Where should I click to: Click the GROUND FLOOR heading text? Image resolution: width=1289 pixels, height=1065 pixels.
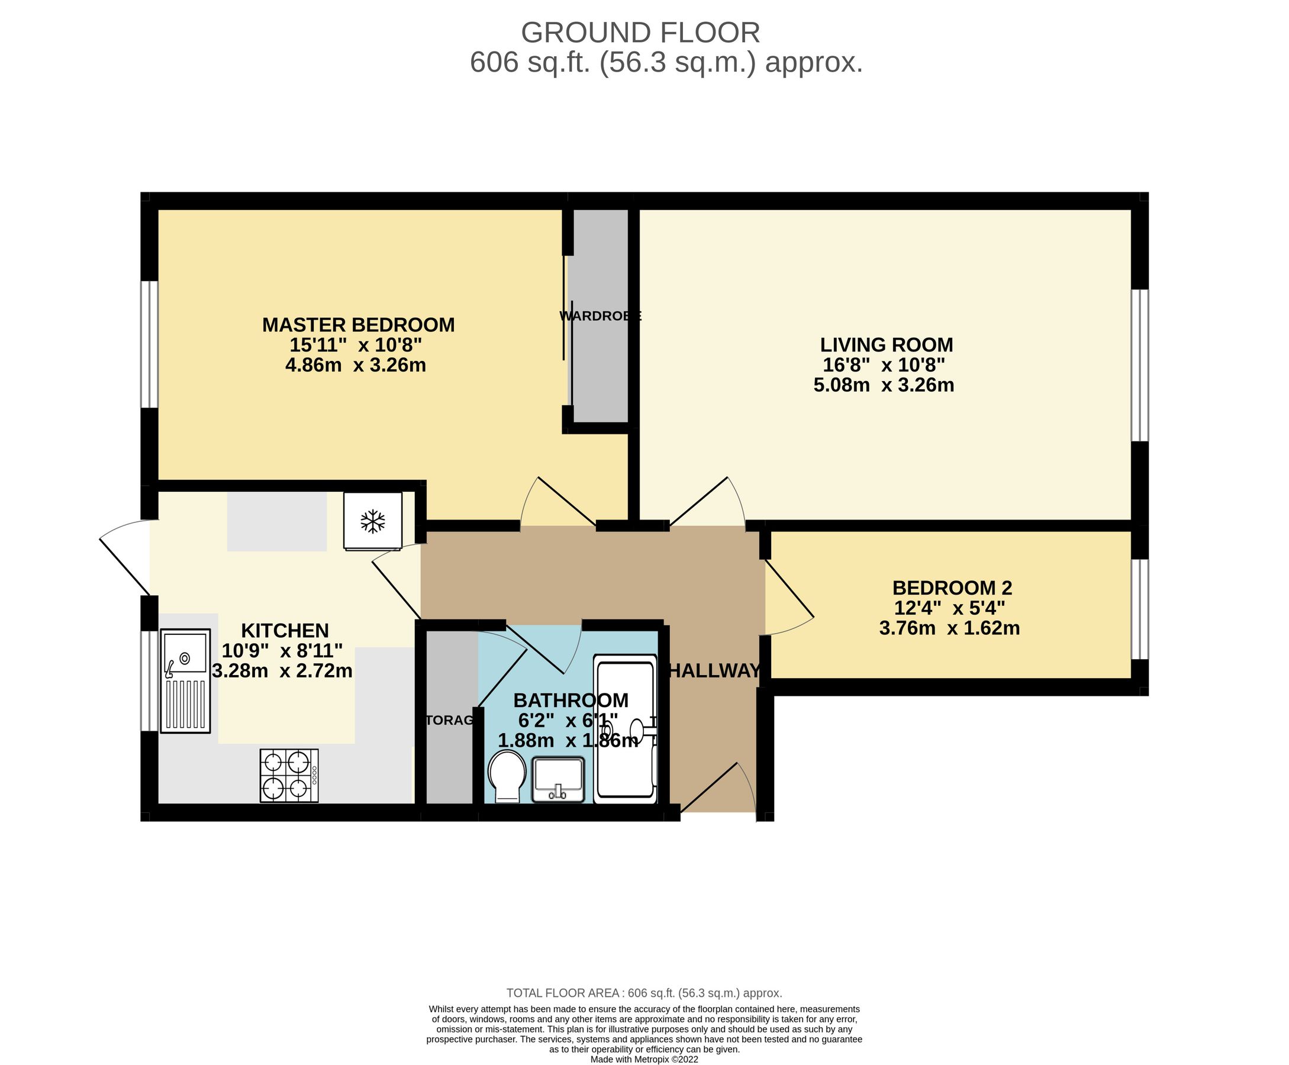click(640, 33)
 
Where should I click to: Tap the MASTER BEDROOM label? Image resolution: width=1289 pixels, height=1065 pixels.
click(358, 325)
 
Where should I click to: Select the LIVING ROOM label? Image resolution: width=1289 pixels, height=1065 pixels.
click(886, 345)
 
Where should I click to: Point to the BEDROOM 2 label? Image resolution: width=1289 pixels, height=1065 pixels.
click(952, 588)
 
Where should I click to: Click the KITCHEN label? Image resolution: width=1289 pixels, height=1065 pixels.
click(285, 630)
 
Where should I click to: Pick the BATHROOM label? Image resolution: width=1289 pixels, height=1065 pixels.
click(571, 700)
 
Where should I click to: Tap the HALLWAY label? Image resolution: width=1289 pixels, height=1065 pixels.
click(714, 670)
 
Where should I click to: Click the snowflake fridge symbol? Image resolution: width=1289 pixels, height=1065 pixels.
click(372, 521)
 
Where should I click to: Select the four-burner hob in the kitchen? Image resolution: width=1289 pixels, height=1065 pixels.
click(289, 776)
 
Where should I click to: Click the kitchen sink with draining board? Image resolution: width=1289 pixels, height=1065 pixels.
click(185, 680)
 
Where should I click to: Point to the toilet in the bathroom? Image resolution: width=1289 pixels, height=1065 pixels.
click(507, 776)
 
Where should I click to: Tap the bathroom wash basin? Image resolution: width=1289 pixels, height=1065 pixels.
click(558, 779)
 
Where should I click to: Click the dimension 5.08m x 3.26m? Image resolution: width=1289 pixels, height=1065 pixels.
click(884, 385)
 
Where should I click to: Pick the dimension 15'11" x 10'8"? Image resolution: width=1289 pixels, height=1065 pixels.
click(356, 345)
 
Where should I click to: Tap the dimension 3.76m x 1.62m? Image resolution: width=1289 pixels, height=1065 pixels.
click(949, 628)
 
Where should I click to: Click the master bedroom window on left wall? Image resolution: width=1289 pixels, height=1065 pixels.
click(149, 344)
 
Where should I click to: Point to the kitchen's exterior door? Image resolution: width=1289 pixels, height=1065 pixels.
click(126, 557)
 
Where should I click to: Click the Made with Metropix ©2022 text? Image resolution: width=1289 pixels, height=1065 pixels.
click(643, 1060)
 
